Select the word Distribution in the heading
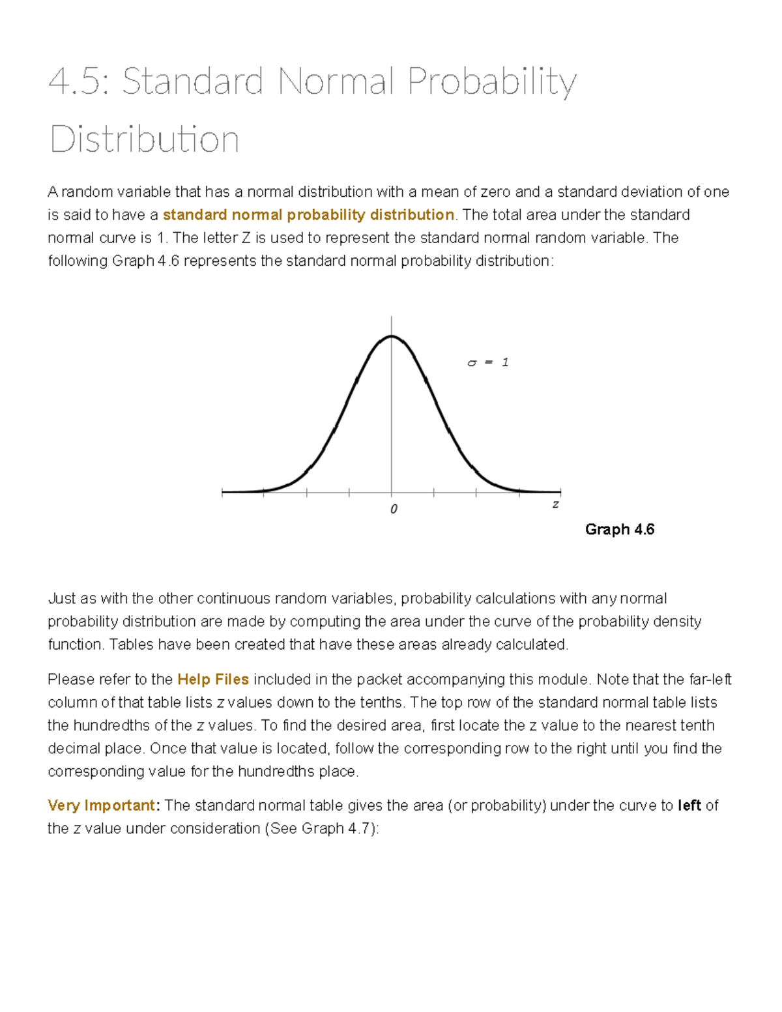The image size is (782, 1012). coord(145,139)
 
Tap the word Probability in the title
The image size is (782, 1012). coord(492,82)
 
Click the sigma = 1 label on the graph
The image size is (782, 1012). coord(488,362)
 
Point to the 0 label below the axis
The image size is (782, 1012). coord(393,509)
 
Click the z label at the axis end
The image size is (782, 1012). coord(555,504)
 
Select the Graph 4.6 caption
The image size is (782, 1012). coord(619,529)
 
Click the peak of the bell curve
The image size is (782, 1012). coord(391,336)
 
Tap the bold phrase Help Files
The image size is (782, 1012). coord(213,679)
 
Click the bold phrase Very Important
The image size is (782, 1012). coord(101,805)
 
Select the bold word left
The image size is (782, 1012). coord(689,805)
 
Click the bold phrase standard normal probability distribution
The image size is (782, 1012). coord(308,215)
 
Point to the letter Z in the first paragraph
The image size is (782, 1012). coord(246,238)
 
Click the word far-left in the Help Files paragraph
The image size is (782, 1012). coord(710,679)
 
